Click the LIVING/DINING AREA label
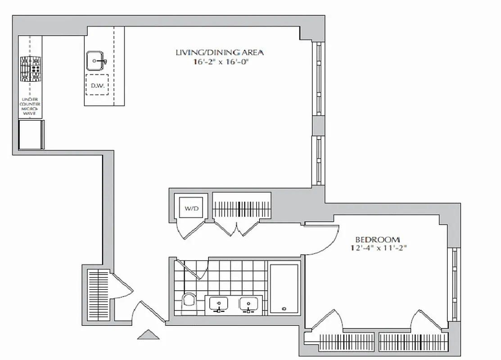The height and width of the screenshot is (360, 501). click(x=219, y=52)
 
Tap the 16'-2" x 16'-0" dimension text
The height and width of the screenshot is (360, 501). click(x=219, y=63)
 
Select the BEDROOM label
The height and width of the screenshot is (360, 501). click(x=377, y=240)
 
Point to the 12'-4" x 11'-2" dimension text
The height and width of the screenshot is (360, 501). click(x=377, y=248)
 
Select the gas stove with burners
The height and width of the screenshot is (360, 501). click(x=30, y=69)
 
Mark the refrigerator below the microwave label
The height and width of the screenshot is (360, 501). click(x=31, y=134)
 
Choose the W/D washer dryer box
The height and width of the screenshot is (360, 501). click(x=188, y=208)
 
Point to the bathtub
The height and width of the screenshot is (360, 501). click(x=284, y=288)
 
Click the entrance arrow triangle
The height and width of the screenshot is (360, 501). click(x=148, y=335)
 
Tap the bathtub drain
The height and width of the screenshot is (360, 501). click(x=284, y=309)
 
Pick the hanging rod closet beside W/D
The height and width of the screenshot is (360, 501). click(x=242, y=208)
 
